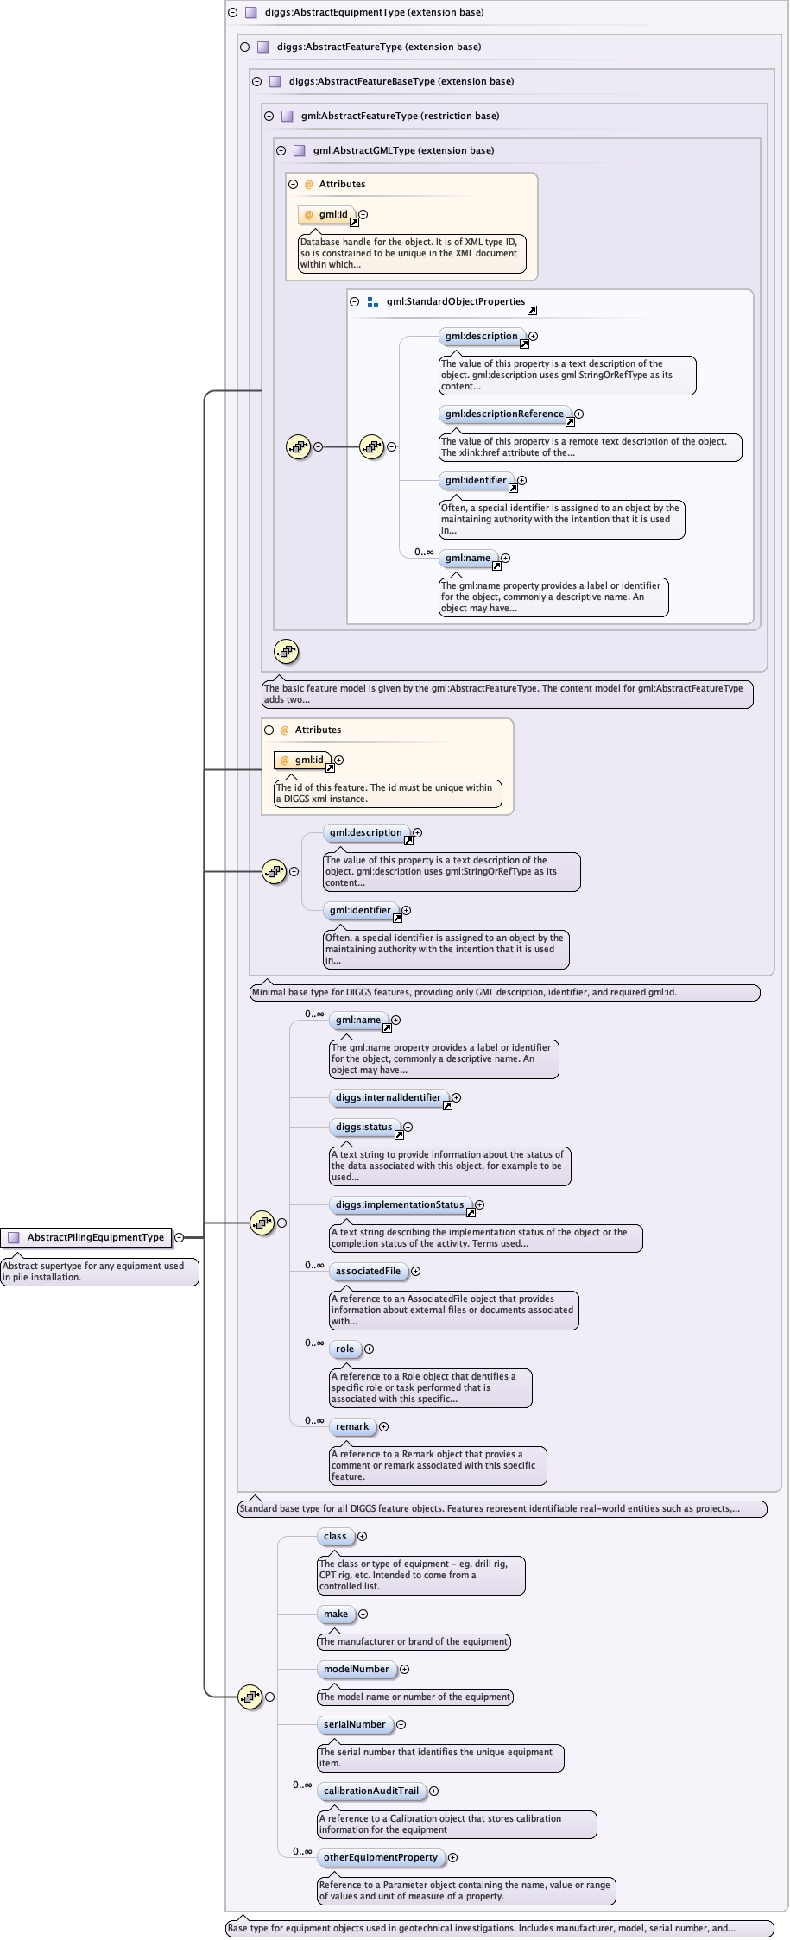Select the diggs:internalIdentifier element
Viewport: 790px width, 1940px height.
click(388, 1097)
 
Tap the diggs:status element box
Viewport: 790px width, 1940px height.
click(363, 1127)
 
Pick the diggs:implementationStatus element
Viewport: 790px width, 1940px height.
click(399, 1204)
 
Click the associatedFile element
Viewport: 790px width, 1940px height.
click(368, 1271)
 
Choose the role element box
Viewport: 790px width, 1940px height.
click(344, 1349)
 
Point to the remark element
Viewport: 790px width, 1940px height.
click(352, 1426)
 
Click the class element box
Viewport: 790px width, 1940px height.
click(335, 1536)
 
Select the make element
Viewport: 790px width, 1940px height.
click(336, 1614)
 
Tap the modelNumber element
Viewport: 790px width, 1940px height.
click(356, 1669)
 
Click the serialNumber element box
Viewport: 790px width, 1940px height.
click(354, 1724)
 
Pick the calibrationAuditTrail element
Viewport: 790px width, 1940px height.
click(370, 1791)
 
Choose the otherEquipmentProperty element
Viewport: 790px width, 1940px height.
click(380, 1857)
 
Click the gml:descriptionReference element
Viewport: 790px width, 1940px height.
click(504, 414)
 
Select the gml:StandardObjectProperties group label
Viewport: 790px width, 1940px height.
click(456, 301)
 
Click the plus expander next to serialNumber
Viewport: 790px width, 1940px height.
click(401, 1724)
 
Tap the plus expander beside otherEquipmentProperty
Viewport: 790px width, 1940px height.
click(452, 1857)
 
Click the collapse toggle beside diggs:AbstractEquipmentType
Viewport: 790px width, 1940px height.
click(232, 12)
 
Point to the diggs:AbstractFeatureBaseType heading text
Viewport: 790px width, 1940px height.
click(401, 81)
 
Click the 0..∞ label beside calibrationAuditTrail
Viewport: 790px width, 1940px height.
click(302, 1785)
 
